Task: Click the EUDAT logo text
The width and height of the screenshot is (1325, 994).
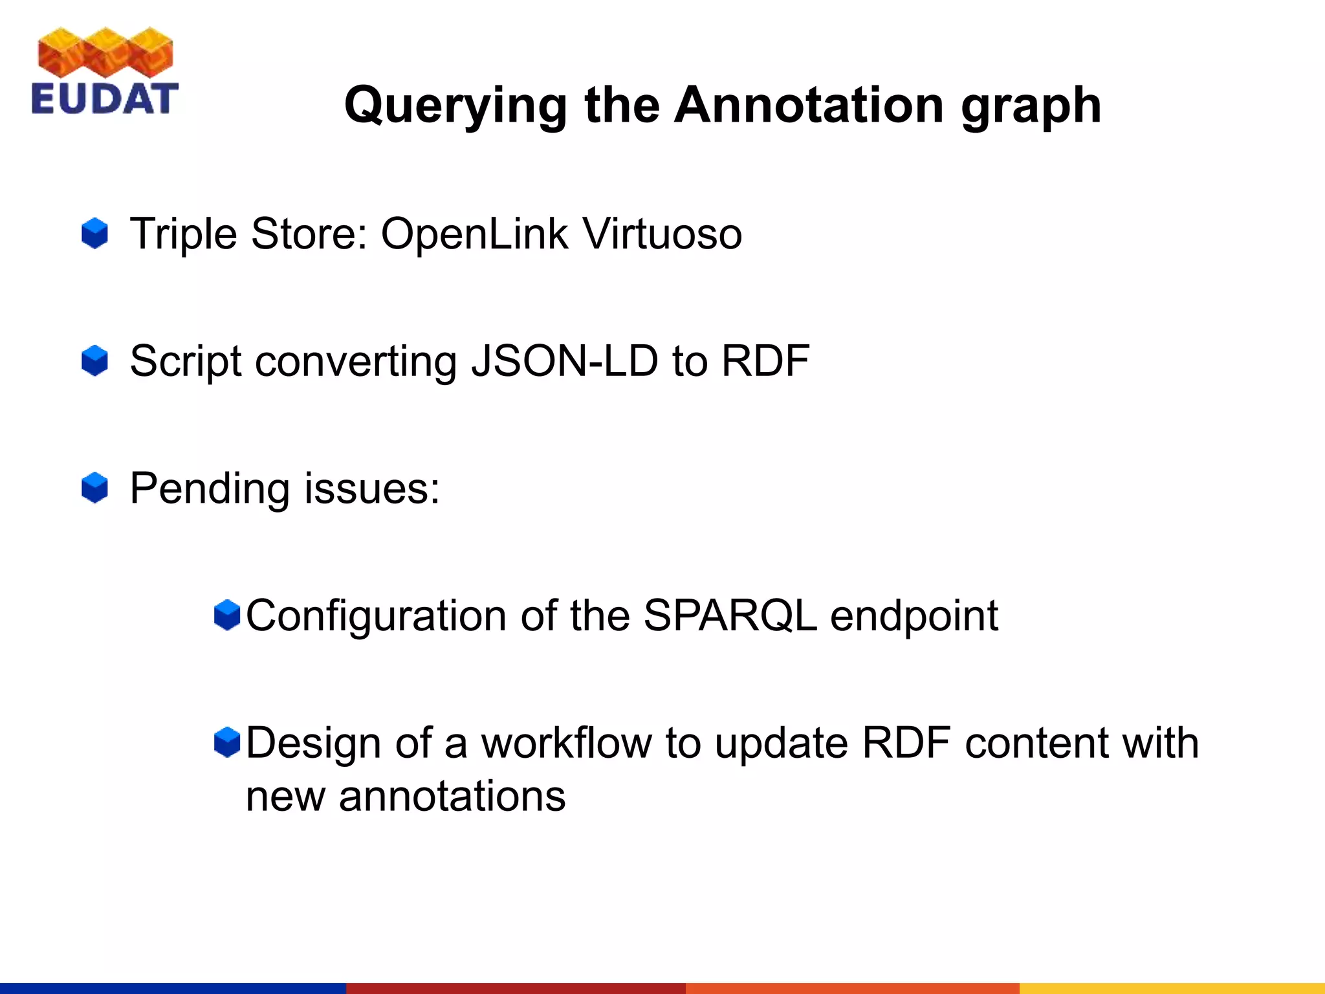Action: click(x=105, y=99)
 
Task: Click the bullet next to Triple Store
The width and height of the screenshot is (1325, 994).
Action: click(x=94, y=234)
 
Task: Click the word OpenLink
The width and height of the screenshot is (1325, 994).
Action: click(x=474, y=234)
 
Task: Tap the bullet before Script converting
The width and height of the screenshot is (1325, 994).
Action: click(x=94, y=360)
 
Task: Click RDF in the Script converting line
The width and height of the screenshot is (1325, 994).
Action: click(x=765, y=360)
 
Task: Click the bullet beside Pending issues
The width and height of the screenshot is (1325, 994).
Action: click(x=94, y=488)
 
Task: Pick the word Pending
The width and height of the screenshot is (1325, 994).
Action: click(x=209, y=488)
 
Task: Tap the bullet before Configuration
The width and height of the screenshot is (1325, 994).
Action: click(x=227, y=615)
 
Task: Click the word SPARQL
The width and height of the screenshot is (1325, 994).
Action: click(x=730, y=615)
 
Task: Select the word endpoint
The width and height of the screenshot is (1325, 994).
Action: click(x=914, y=615)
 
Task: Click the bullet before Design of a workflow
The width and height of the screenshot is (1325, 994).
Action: click(x=227, y=742)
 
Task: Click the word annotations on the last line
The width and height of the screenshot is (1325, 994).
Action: click(x=452, y=795)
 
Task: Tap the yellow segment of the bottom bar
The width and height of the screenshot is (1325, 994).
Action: click(x=1172, y=988)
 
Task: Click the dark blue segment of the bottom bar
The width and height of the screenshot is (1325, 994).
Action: click(x=173, y=988)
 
